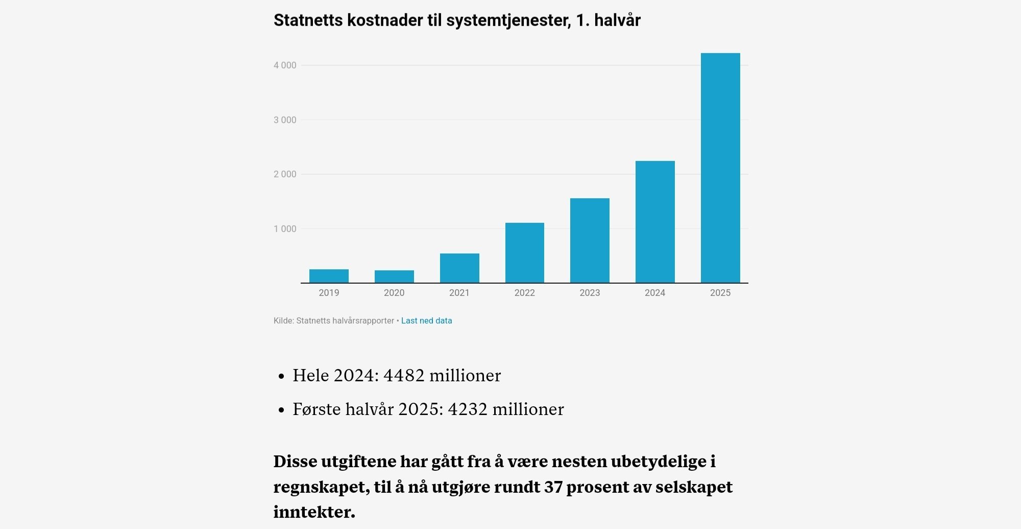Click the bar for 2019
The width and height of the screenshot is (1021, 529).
pos(329,276)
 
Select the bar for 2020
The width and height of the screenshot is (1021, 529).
pos(394,277)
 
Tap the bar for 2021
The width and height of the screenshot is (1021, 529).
pos(459,268)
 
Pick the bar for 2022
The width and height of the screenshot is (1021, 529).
pos(525,252)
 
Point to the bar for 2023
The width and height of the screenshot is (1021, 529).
pos(590,240)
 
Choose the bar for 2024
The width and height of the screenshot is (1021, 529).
pos(655,222)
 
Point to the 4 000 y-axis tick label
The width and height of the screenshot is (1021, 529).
pos(285,65)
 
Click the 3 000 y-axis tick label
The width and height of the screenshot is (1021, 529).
pos(285,120)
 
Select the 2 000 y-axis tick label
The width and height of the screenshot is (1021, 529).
pos(285,174)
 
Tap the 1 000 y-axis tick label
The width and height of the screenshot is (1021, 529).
pos(285,229)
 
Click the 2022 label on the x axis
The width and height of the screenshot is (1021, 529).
pos(525,293)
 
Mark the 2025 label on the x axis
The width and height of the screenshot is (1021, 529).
pos(720,293)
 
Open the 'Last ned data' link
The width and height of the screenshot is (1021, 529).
pos(426,321)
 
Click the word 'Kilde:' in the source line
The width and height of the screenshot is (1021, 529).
pos(283,321)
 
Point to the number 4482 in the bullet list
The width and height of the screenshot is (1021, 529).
pos(404,376)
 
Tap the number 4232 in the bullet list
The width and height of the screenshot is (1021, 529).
pos(468,409)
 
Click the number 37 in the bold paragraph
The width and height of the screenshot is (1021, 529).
pos(553,487)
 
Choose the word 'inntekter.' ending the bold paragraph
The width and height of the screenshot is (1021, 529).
pos(314,512)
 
